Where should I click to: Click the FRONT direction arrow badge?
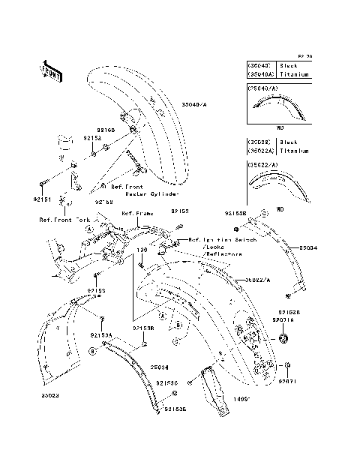click(50, 70)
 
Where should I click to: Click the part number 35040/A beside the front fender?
click(196, 106)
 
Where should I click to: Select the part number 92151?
click(42, 199)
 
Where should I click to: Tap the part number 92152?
click(91, 138)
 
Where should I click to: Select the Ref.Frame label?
click(137, 213)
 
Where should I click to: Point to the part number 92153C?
click(166, 382)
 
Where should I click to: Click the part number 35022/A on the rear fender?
click(257, 279)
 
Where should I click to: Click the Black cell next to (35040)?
click(288, 65)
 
